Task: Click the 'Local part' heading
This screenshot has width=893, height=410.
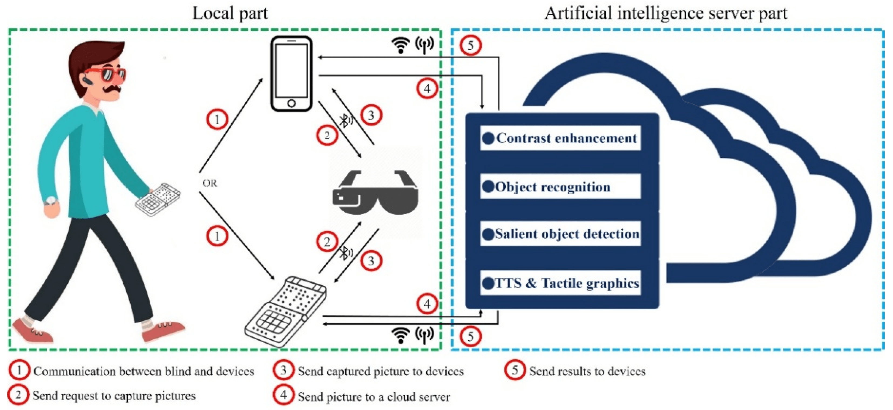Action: point(230,14)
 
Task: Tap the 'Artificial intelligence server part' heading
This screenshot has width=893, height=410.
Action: point(666,14)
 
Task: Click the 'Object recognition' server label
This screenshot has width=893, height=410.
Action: point(553,187)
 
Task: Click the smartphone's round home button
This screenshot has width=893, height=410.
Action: point(292,103)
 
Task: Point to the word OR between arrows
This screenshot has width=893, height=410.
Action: point(210,183)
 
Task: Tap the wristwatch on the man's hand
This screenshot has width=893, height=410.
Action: point(51,200)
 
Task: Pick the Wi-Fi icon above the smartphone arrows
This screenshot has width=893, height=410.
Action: point(400,45)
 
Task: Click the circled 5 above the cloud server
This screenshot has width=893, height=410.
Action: point(471,45)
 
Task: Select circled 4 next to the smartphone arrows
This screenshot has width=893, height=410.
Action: point(427,89)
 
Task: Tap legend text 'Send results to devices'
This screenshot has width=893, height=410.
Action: point(587,371)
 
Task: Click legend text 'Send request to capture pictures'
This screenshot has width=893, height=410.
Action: point(114,396)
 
